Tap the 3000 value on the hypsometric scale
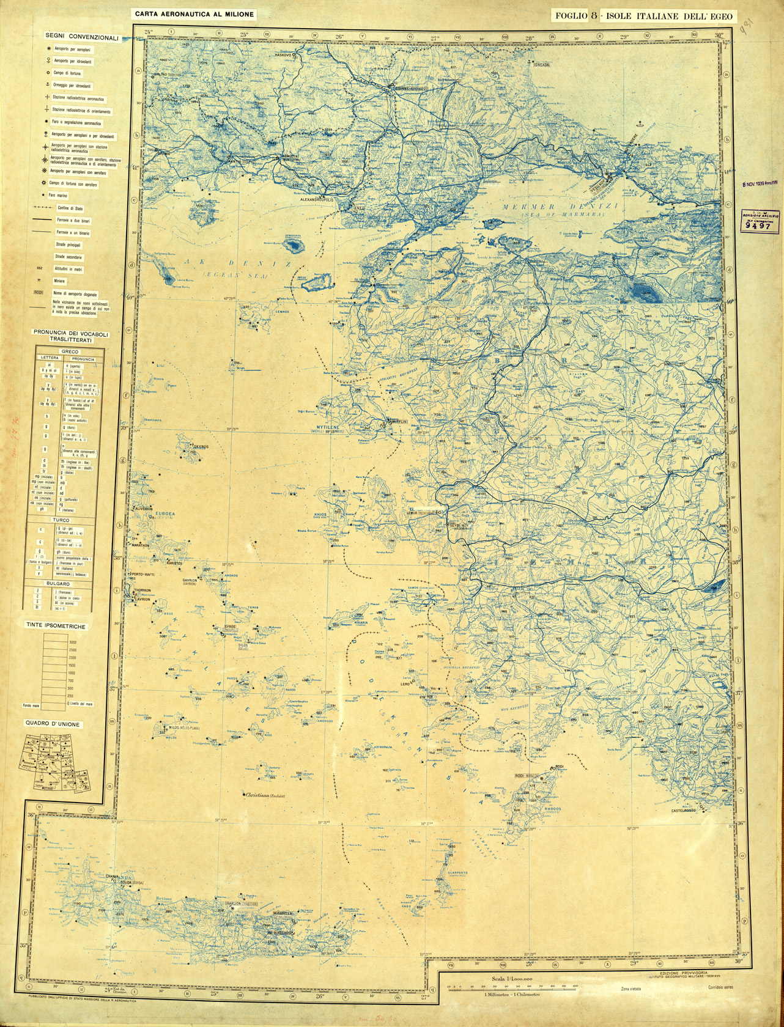point(72,642)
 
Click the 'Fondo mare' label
point(31,705)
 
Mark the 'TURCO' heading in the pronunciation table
point(61,520)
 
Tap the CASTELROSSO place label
point(684,811)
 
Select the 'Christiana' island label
point(265,796)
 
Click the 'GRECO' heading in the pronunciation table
point(61,352)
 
